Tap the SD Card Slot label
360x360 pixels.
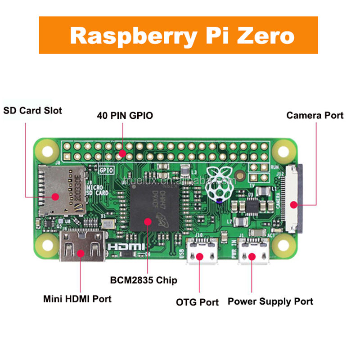coord(33,110)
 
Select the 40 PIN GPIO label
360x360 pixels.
coord(125,116)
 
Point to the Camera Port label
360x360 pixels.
coord(315,116)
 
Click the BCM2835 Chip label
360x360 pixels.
coord(144,280)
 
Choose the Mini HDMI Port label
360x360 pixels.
coord(77,298)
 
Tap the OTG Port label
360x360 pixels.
coord(197,302)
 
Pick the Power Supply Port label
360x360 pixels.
coord(270,301)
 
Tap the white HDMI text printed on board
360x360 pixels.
coord(126,247)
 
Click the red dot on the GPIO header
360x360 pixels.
coord(122,153)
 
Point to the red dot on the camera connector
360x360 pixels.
coord(293,205)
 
